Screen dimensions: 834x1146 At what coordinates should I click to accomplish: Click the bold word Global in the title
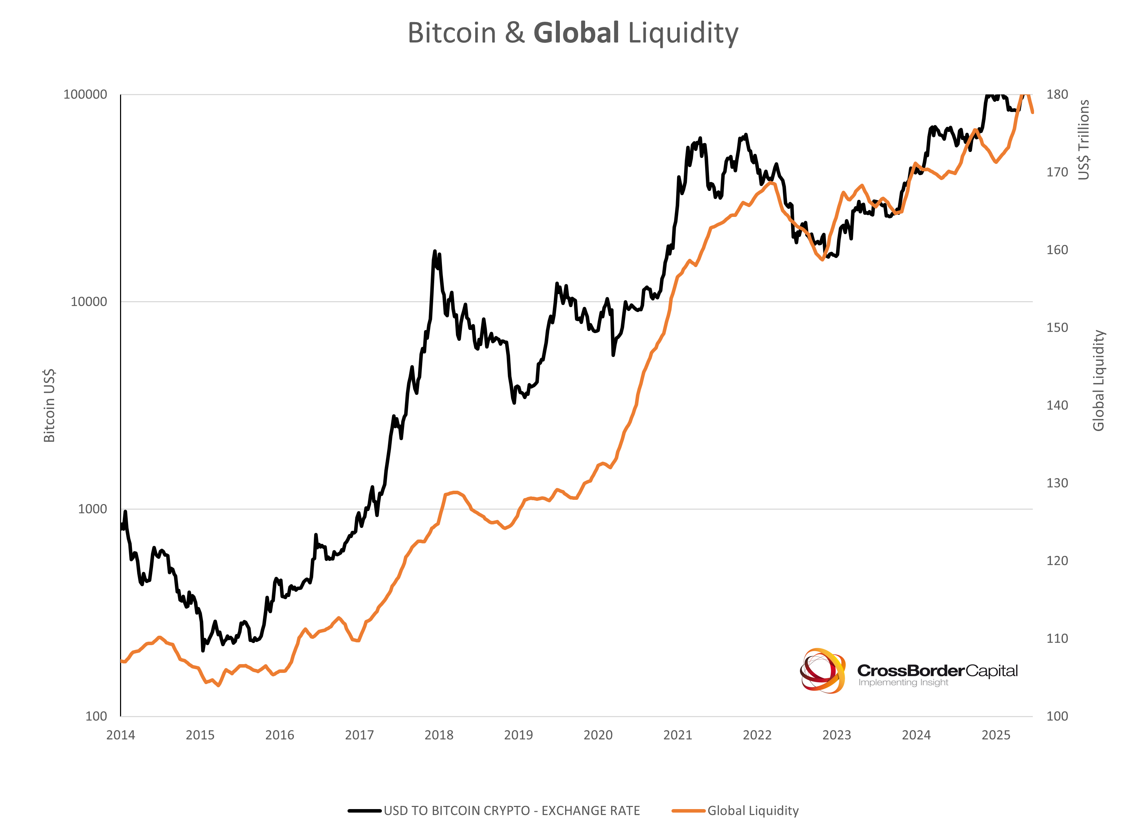pyautogui.click(x=576, y=33)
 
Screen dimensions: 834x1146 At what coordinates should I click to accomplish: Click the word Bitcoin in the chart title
pyautogui.click(x=452, y=33)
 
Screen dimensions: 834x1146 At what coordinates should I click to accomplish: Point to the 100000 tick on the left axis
pyautogui.click(x=85, y=94)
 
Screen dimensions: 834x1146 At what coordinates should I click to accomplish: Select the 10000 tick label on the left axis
pyautogui.click(x=88, y=302)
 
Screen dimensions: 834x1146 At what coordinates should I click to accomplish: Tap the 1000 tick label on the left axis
pyautogui.click(x=92, y=509)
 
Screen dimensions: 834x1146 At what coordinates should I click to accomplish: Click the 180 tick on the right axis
pyautogui.click(x=1057, y=94)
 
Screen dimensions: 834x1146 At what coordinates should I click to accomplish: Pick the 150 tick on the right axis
pyautogui.click(x=1057, y=327)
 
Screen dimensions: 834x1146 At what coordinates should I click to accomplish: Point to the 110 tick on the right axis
pyautogui.click(x=1057, y=638)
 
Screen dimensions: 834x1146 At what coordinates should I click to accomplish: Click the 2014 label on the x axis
pyautogui.click(x=120, y=735)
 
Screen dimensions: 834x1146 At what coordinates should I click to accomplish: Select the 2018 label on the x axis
pyautogui.click(x=439, y=735)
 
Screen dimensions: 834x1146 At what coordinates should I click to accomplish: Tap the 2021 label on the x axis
pyautogui.click(x=677, y=735)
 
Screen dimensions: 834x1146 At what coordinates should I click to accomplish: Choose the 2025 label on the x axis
pyautogui.click(x=996, y=735)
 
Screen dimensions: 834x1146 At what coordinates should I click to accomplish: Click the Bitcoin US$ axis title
pyautogui.click(x=49, y=405)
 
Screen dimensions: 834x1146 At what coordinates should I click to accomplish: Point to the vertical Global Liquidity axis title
pyautogui.click(x=1099, y=380)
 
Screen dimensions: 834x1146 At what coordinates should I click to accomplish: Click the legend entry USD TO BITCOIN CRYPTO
pyautogui.click(x=511, y=811)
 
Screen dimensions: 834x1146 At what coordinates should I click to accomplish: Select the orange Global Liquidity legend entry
pyautogui.click(x=753, y=811)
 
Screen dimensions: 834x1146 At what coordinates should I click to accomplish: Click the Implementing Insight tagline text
pyautogui.click(x=903, y=682)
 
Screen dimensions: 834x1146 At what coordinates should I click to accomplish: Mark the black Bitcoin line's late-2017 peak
pyautogui.click(x=435, y=251)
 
